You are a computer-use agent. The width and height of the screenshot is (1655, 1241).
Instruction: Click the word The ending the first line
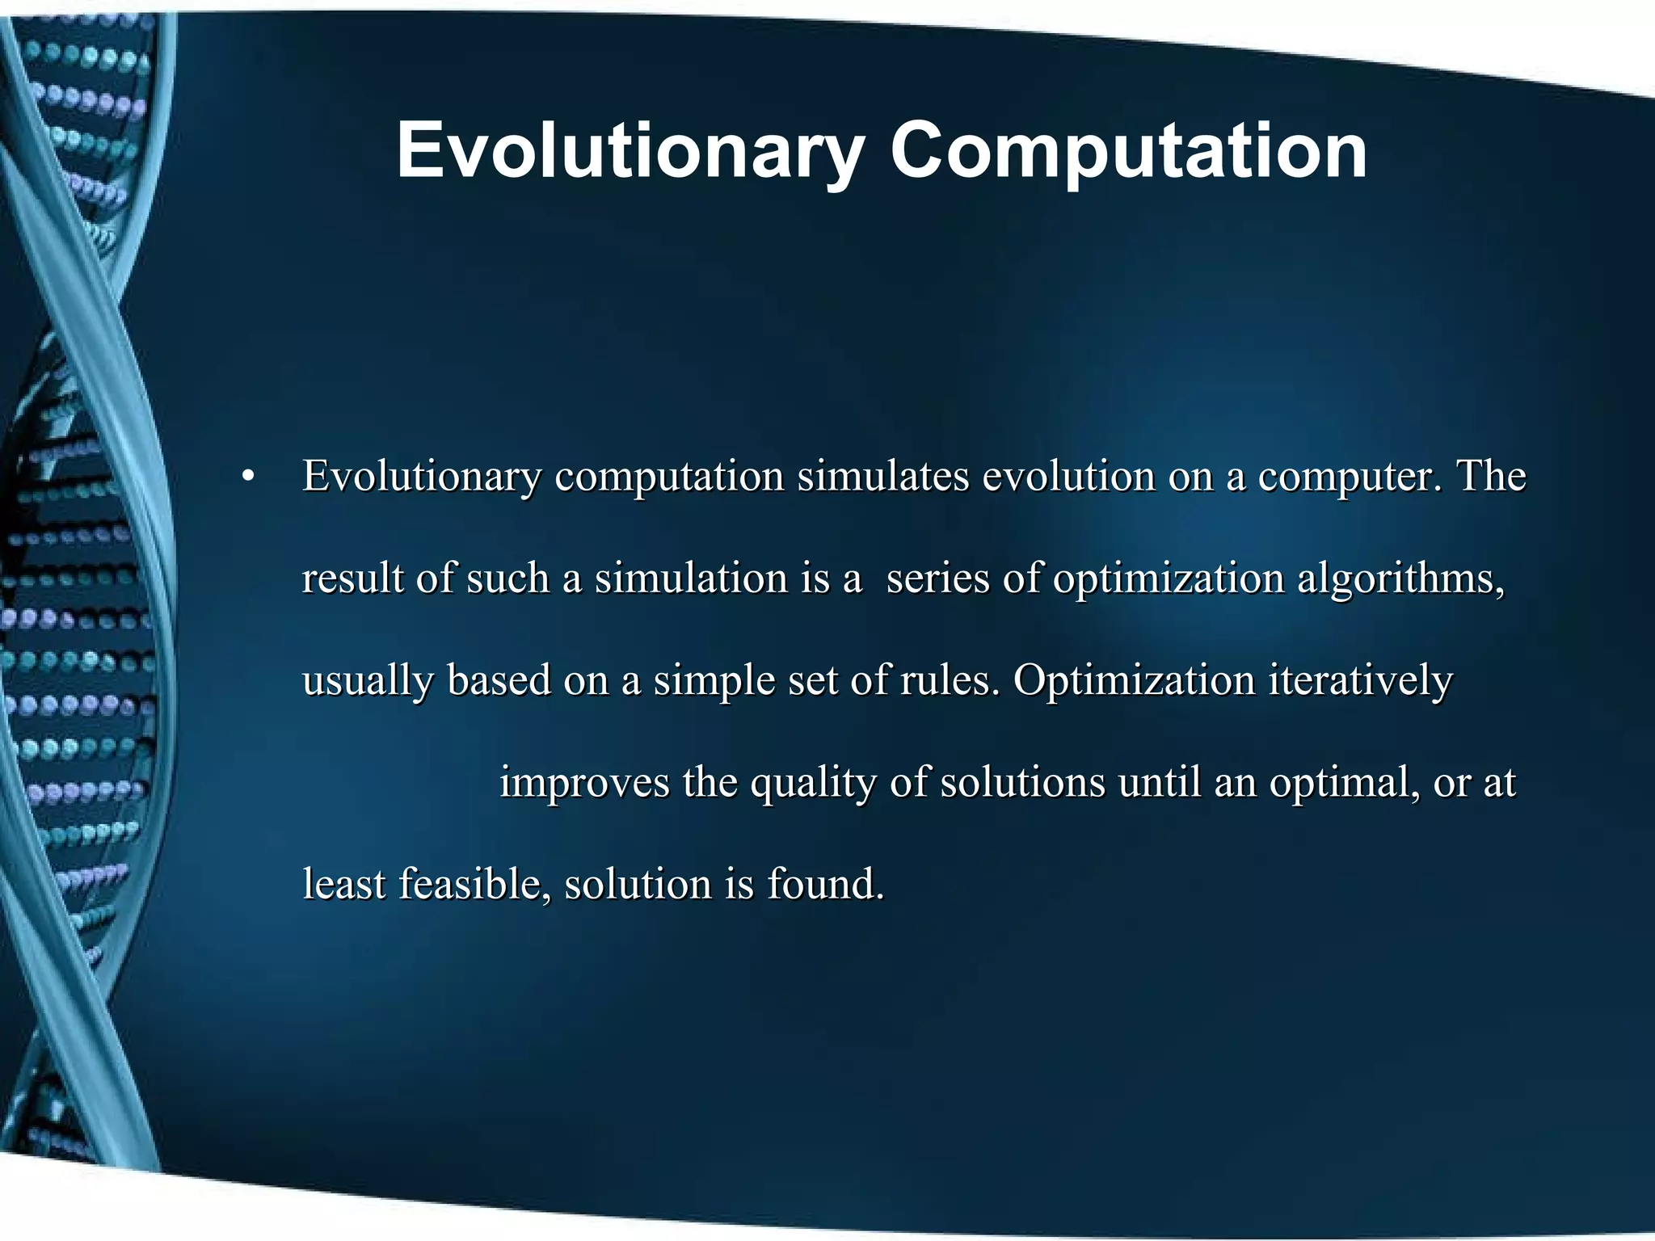coord(1491,477)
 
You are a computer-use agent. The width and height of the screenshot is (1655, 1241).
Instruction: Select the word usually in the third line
coord(368,682)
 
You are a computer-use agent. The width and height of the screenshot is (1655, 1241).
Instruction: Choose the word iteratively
coord(1361,682)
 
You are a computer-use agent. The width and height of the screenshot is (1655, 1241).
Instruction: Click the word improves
coord(584,784)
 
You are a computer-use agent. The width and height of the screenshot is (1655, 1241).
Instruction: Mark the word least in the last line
coord(343,884)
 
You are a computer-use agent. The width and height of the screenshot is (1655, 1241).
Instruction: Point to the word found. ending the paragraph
coord(825,884)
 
